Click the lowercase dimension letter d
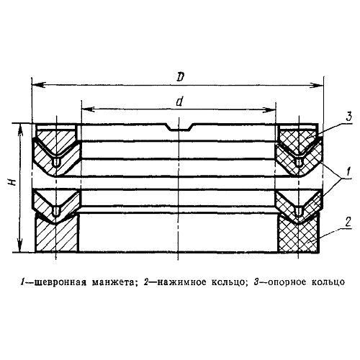click(179, 101)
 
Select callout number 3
click(348, 117)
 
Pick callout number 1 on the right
click(348, 173)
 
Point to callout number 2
click(348, 222)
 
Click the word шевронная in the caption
click(60, 282)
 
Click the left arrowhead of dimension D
click(39, 84)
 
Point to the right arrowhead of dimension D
click(316, 86)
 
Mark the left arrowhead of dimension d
click(89, 109)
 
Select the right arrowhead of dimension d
click(269, 110)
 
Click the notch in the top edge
click(179, 127)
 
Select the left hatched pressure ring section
click(57, 233)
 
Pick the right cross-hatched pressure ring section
click(299, 233)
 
